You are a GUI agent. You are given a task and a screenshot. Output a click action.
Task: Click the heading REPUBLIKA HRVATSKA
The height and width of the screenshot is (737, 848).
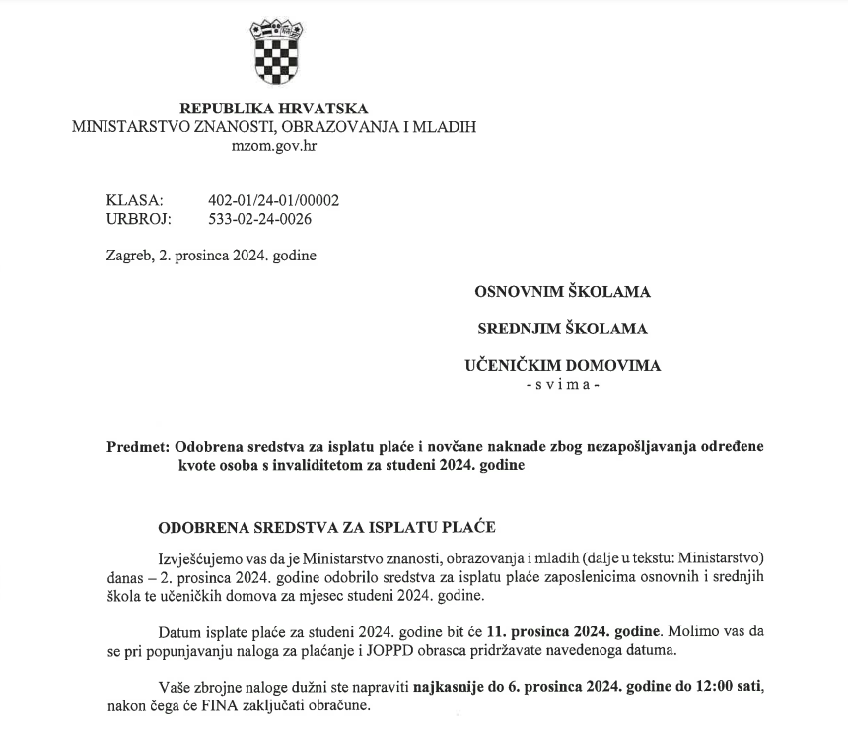click(x=273, y=109)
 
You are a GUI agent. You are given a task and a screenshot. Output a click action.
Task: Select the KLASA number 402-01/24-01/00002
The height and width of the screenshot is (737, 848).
click(x=274, y=200)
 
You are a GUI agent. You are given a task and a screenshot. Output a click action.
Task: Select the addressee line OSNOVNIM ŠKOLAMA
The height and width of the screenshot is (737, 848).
click(x=562, y=292)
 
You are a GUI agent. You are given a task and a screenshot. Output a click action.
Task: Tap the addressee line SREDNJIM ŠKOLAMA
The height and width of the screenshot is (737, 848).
click(x=562, y=329)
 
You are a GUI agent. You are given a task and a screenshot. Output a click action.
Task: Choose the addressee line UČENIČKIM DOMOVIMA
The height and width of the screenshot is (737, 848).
click(x=562, y=365)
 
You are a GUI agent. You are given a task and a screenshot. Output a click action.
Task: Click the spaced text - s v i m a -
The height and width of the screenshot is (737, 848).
click(x=562, y=383)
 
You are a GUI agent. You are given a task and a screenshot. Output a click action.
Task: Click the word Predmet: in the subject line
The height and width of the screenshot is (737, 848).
click(x=136, y=447)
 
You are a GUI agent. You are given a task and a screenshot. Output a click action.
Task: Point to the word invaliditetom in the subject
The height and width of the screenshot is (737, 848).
click(x=293, y=465)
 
